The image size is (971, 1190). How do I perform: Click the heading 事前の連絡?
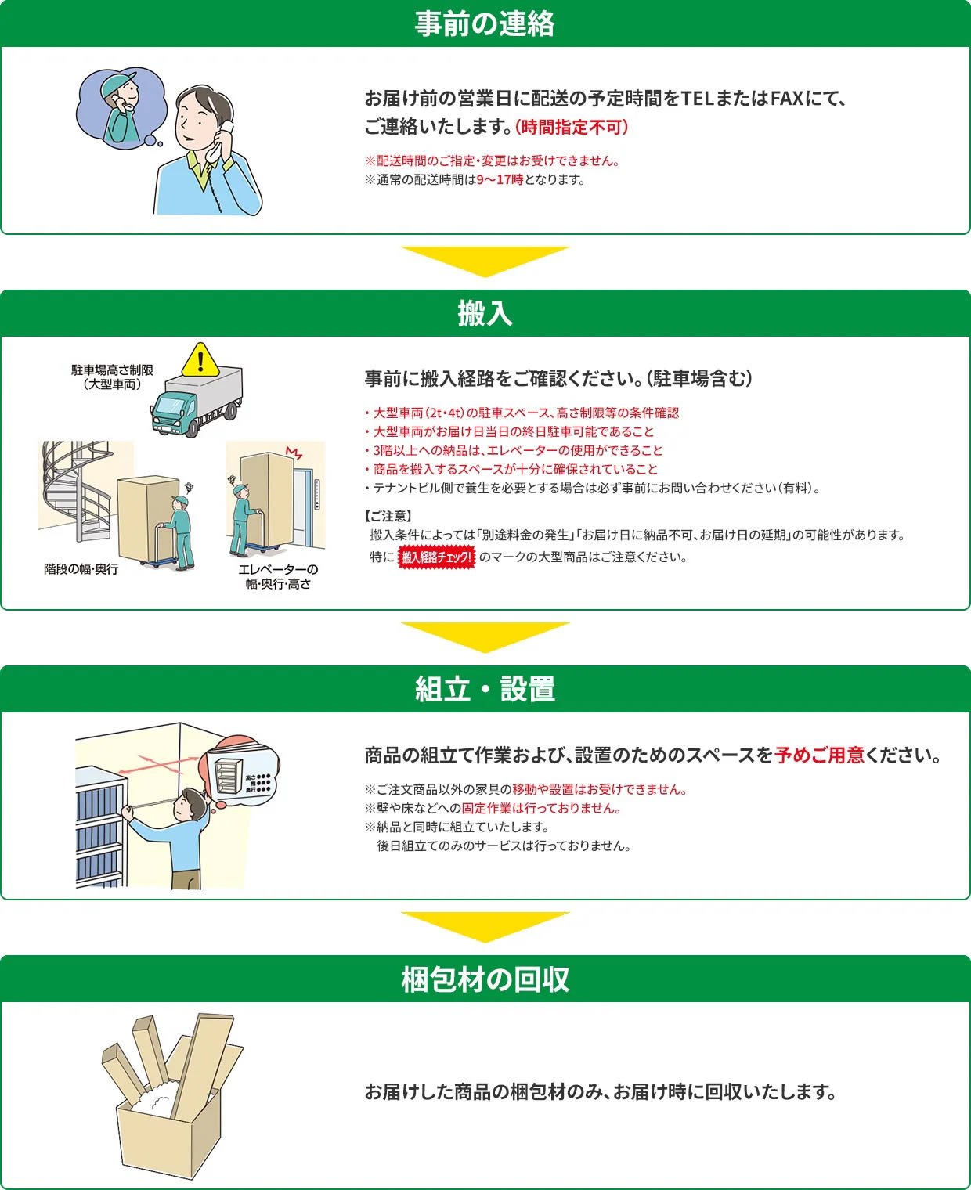[485, 23]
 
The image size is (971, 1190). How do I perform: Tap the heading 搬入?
[485, 314]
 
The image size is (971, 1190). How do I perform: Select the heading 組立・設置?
[485, 689]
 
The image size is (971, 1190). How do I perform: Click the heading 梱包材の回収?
[485, 979]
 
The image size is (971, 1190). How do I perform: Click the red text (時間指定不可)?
[572, 127]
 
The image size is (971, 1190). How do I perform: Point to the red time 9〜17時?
[500, 180]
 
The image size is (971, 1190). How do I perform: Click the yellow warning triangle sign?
[200, 359]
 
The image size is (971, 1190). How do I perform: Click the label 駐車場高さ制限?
[112, 370]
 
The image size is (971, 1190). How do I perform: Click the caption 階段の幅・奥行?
[81, 568]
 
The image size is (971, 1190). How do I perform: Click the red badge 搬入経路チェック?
[436, 557]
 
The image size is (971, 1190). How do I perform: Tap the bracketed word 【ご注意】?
[388, 516]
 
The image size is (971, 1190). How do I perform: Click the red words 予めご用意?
[819, 755]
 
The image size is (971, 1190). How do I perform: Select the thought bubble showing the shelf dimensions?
[240, 771]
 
